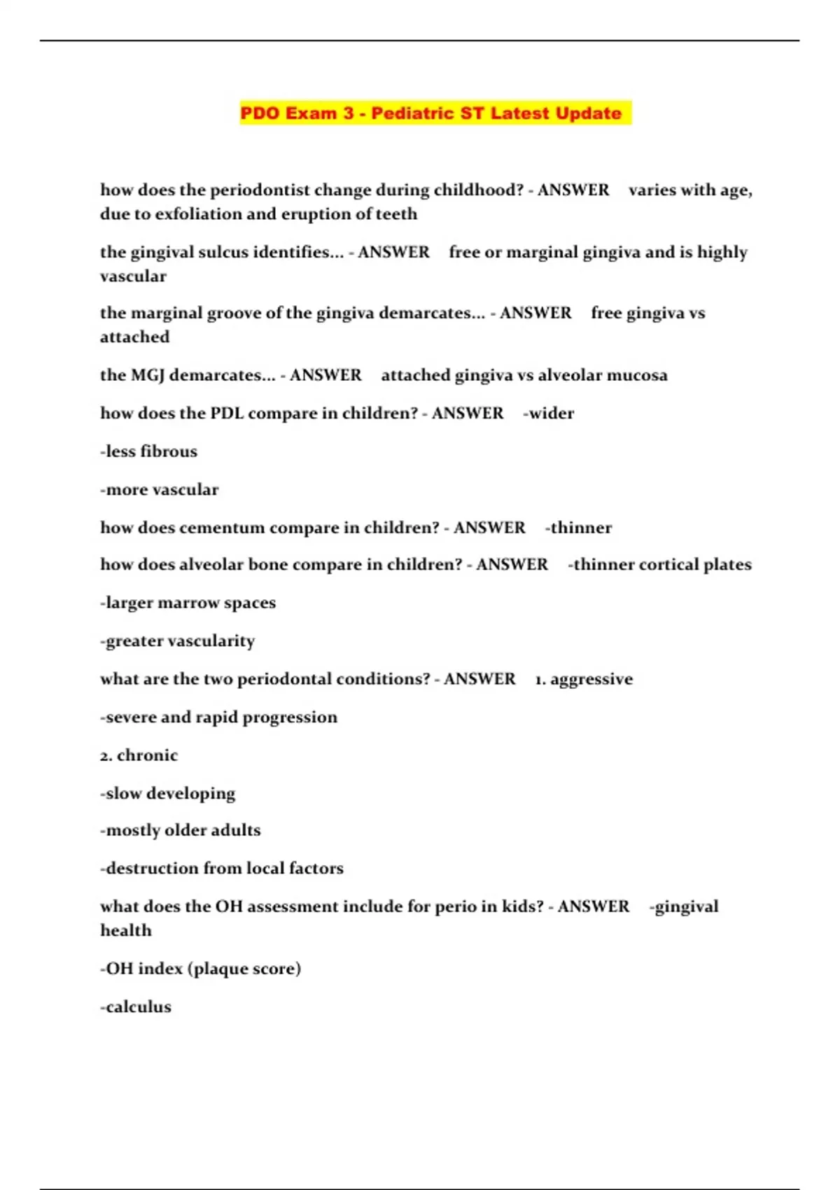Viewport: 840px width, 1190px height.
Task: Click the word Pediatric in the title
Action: pyautogui.click(x=412, y=113)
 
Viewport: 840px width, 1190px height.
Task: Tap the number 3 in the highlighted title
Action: pyautogui.click(x=348, y=113)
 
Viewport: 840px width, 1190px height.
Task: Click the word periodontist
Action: pyautogui.click(x=255, y=190)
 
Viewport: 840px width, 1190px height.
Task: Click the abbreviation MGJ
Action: pyautogui.click(x=147, y=375)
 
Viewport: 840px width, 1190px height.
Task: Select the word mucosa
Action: pyautogui.click(x=636, y=375)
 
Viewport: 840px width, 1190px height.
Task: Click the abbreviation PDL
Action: pyautogui.click(x=226, y=414)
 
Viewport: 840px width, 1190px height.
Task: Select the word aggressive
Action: pyautogui.click(x=591, y=680)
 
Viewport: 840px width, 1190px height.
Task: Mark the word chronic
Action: pyautogui.click(x=147, y=756)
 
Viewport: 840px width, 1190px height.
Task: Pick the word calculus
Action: pyautogui.click(x=138, y=1007)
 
